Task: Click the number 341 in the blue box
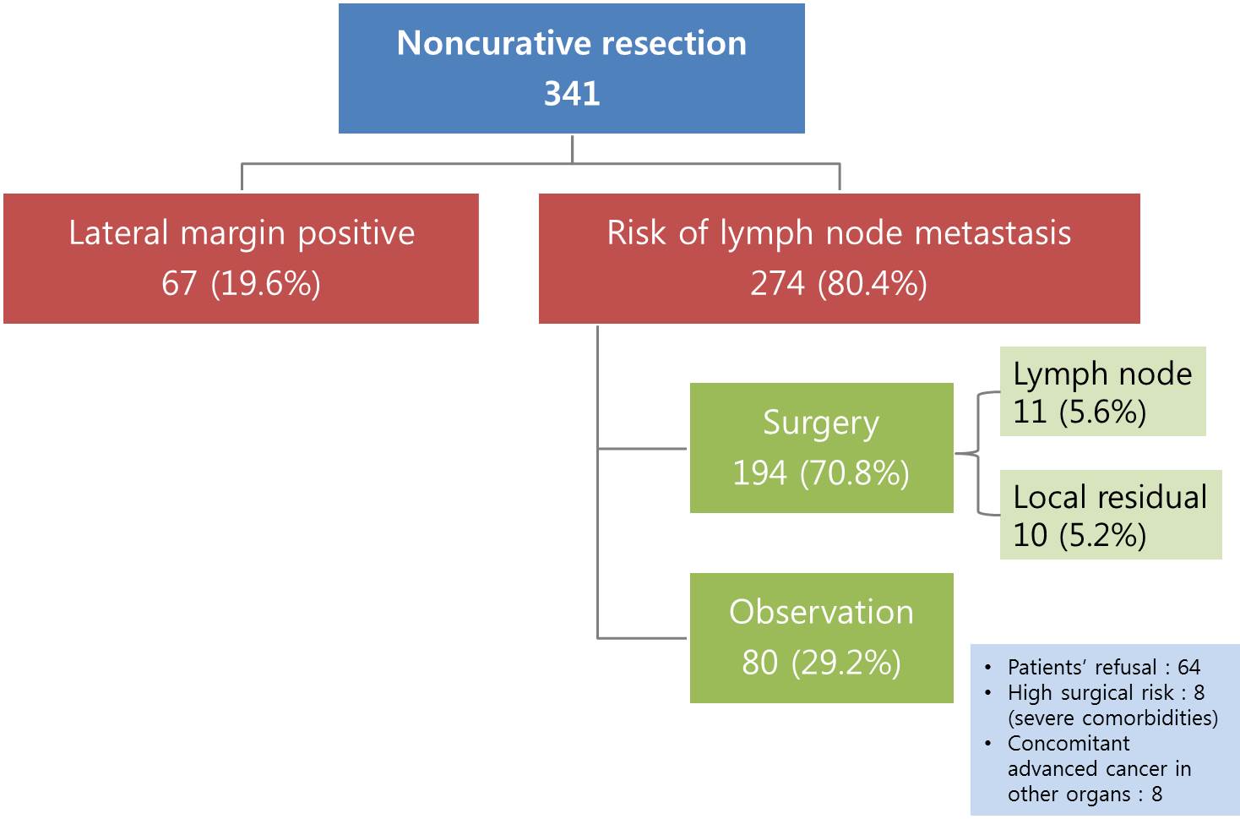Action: click(572, 93)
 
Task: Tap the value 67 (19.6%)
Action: click(241, 283)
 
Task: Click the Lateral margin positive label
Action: click(242, 233)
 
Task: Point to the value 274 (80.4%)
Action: click(839, 283)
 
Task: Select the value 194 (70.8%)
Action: click(821, 473)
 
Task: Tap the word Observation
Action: click(821, 612)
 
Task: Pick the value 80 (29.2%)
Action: click(821, 663)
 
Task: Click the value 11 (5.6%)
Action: click(1080, 412)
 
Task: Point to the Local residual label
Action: click(1110, 496)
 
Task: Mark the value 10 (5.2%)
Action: click(1080, 536)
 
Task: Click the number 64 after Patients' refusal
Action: click(1189, 667)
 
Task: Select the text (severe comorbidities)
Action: click(1112, 718)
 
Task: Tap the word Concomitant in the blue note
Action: click(1069, 743)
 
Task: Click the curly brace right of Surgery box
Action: click(977, 454)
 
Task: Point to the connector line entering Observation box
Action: click(642, 638)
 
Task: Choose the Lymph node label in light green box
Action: click(1102, 374)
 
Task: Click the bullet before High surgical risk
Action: click(988, 693)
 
